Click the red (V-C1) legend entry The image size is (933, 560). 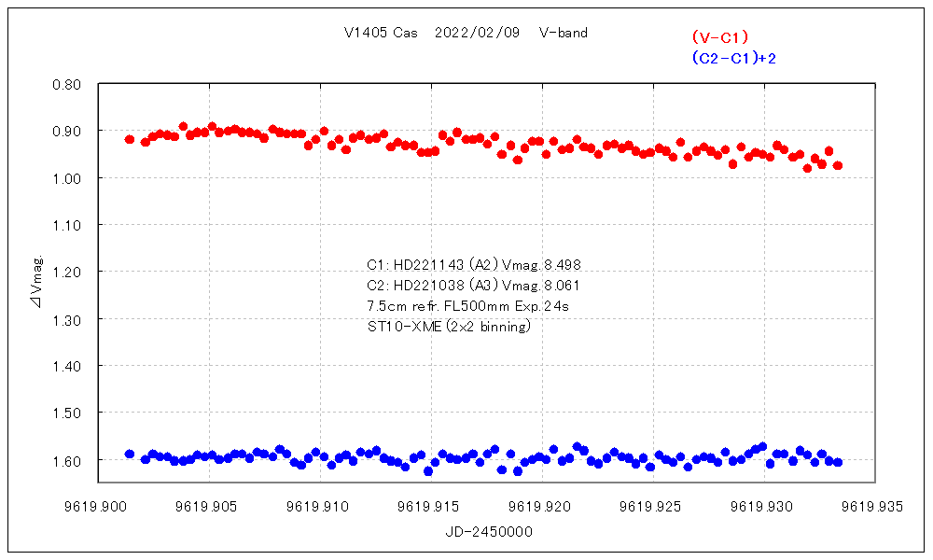[720, 37]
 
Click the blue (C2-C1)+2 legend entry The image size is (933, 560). [734, 58]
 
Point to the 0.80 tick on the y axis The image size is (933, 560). [69, 84]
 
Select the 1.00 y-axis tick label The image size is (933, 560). [69, 178]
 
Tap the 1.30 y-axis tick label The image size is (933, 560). [69, 319]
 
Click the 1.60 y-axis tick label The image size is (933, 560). [69, 460]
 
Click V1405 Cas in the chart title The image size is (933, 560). [381, 33]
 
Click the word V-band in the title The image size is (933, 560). [564, 33]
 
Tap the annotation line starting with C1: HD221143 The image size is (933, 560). [474, 264]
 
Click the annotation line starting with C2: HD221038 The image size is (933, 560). [474, 285]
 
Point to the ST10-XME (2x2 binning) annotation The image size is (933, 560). [449, 327]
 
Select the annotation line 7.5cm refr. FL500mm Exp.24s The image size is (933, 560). [468, 305]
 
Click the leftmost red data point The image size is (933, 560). [130, 139]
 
